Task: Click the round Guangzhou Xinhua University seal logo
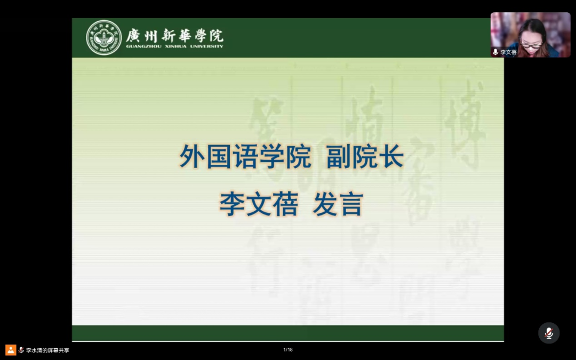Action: (104, 37)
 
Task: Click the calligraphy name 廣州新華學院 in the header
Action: (174, 35)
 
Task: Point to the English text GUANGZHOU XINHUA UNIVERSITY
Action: (174, 46)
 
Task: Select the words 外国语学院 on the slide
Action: (245, 157)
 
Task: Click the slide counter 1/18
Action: (288, 350)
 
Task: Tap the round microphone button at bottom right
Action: (548, 333)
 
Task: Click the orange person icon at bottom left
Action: (11, 350)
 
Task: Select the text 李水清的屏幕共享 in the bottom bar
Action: (47, 350)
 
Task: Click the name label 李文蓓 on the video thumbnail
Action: (508, 52)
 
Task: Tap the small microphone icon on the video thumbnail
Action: (495, 52)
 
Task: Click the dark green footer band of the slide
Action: (288, 333)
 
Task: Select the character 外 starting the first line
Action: (192, 157)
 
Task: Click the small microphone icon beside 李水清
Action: (21, 350)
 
